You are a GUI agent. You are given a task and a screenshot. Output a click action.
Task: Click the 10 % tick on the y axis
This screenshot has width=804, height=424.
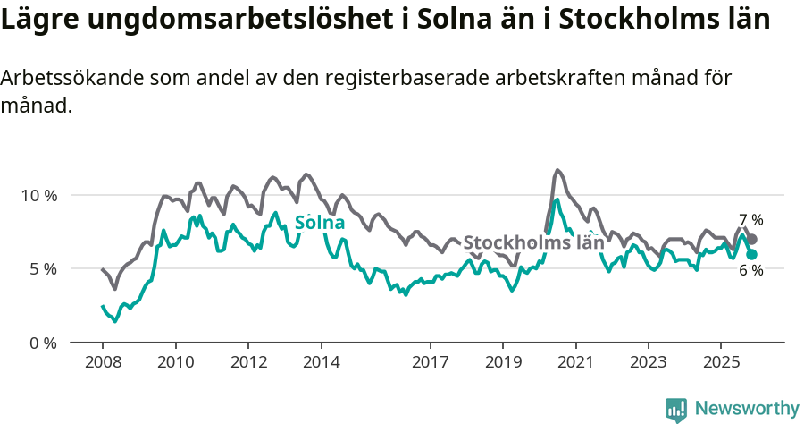click(38, 195)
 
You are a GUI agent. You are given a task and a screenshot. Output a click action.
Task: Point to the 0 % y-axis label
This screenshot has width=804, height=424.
click(41, 343)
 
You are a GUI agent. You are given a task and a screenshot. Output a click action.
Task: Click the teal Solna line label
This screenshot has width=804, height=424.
click(319, 223)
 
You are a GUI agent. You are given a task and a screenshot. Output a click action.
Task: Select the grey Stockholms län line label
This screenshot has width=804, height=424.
click(533, 242)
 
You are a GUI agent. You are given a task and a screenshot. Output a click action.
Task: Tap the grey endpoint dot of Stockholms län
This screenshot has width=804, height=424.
click(752, 239)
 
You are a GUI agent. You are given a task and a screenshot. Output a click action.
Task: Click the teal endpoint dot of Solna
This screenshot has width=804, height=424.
click(752, 254)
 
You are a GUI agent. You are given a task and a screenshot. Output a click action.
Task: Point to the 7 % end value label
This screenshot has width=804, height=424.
click(750, 220)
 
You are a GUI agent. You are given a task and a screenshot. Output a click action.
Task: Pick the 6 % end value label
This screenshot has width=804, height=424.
click(750, 271)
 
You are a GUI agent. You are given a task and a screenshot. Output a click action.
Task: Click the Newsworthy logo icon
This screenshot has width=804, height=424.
click(676, 409)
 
